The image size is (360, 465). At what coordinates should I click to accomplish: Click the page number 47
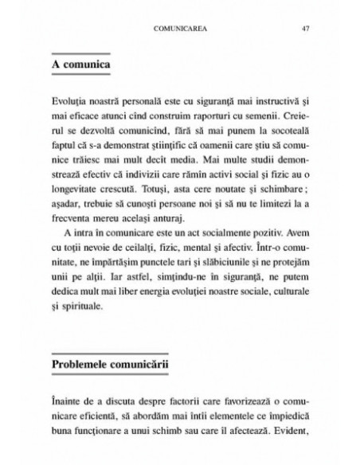305,30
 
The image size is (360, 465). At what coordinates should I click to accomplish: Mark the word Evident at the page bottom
288,435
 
